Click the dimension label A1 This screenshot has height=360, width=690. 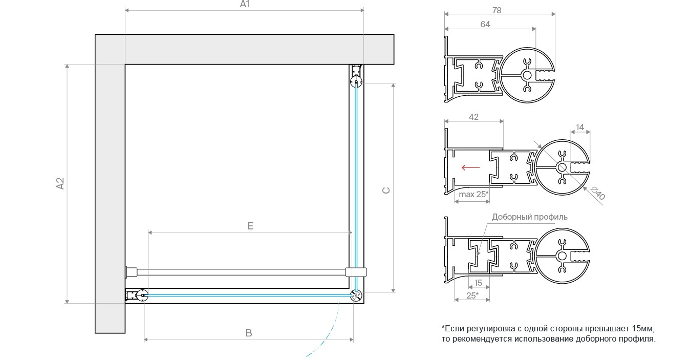[244, 4]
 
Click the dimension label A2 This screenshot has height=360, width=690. [60, 183]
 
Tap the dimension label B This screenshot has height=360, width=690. [249, 333]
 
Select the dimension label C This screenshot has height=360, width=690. [386, 190]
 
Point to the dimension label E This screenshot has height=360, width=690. [250, 226]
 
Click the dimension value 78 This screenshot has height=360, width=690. [496, 10]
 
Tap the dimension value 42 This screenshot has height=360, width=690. [473, 117]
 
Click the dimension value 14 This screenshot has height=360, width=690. [580, 126]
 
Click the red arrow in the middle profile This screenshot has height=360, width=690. [470, 167]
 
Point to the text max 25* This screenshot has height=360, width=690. [473, 194]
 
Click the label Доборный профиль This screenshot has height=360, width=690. [529, 217]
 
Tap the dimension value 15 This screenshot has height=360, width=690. [478, 283]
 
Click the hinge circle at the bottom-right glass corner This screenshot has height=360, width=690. [356, 295]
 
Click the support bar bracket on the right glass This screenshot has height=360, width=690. [356, 272]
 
